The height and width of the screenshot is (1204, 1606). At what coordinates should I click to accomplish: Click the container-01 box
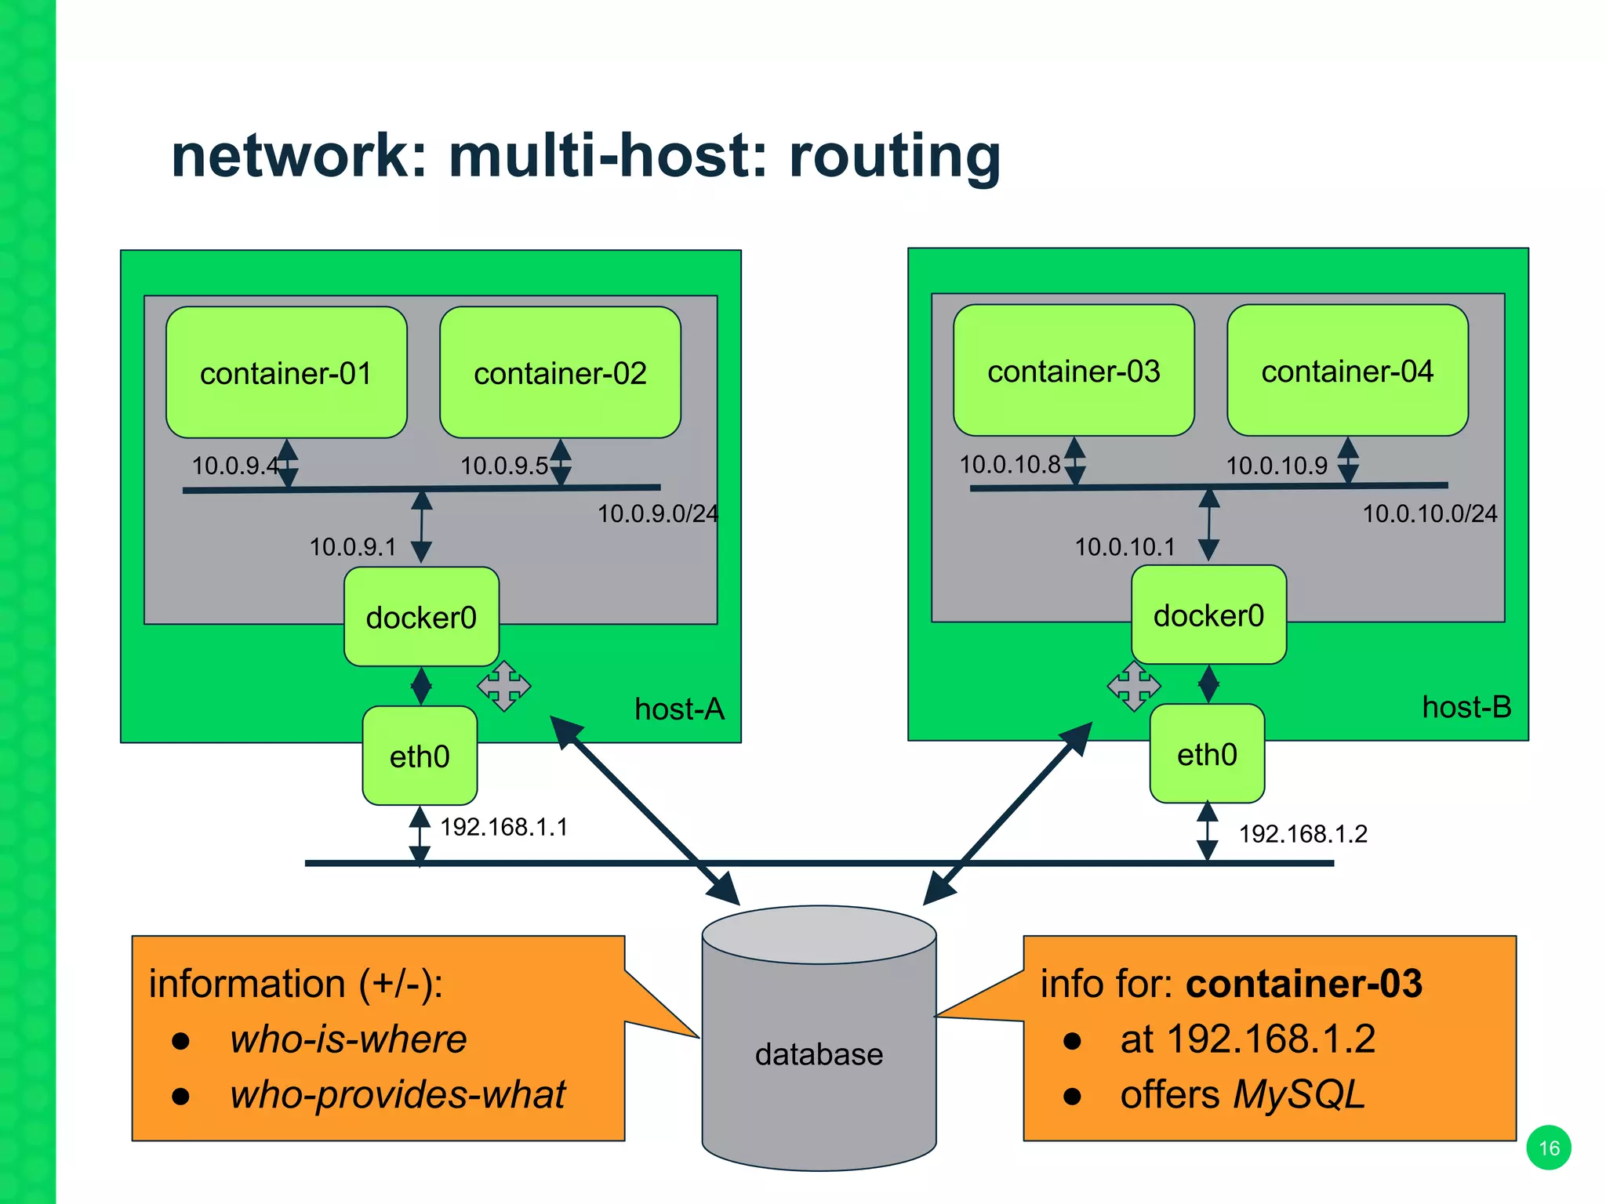[x=286, y=372]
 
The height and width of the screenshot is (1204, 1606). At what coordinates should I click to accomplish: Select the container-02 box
[x=560, y=372]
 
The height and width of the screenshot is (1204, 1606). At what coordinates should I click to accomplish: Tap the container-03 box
[x=1074, y=371]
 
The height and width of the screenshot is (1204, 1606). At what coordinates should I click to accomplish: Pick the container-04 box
[x=1347, y=371]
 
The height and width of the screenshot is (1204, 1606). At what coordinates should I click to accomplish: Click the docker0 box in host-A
[x=421, y=617]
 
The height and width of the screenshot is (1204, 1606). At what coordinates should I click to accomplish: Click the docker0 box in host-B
[x=1208, y=615]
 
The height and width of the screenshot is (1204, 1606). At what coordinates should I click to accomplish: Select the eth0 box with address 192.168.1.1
[x=420, y=756]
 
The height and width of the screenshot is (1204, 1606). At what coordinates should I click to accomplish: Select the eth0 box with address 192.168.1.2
[x=1207, y=754]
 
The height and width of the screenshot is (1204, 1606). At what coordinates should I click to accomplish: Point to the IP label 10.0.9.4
[x=234, y=466]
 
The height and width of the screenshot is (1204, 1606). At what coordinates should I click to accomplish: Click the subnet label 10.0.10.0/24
[x=1430, y=513]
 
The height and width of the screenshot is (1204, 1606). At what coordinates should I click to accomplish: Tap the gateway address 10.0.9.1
[x=353, y=546]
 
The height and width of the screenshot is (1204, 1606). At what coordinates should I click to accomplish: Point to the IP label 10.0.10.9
[x=1277, y=466]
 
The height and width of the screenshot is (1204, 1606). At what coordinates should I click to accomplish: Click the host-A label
[x=679, y=709]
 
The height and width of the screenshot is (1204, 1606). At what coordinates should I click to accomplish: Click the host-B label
[x=1466, y=708]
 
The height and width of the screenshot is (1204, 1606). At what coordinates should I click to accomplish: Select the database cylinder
[x=819, y=1043]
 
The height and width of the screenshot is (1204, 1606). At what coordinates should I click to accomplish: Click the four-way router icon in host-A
[x=504, y=686]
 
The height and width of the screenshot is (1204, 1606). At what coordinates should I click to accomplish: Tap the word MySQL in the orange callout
[x=1299, y=1094]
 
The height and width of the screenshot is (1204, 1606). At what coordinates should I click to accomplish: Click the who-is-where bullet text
[x=348, y=1039]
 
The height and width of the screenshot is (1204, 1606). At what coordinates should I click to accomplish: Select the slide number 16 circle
[x=1549, y=1148]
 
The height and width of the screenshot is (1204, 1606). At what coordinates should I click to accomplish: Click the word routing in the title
[x=895, y=156]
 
